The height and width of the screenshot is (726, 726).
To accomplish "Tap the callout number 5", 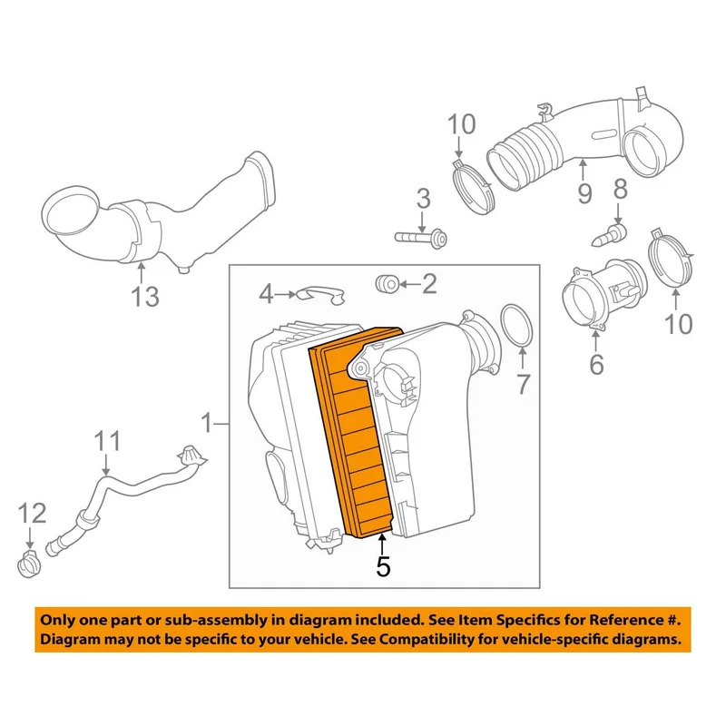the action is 383,565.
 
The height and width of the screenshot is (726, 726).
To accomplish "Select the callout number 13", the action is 145,297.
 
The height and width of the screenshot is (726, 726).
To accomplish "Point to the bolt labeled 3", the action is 420,238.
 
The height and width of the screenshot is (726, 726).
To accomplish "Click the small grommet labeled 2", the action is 387,284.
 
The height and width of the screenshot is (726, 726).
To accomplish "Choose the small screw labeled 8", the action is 610,236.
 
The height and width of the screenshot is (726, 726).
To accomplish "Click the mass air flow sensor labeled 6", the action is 603,297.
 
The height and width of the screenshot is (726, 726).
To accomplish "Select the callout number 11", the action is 107,441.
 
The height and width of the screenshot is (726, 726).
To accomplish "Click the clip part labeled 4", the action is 321,294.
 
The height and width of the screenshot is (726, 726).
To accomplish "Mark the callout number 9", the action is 584,192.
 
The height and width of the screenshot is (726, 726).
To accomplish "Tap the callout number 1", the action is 206,423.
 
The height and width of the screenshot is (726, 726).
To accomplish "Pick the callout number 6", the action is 596,364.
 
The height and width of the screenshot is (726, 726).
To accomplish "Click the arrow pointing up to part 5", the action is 382,543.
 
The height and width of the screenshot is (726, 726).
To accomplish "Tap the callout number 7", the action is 523,384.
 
